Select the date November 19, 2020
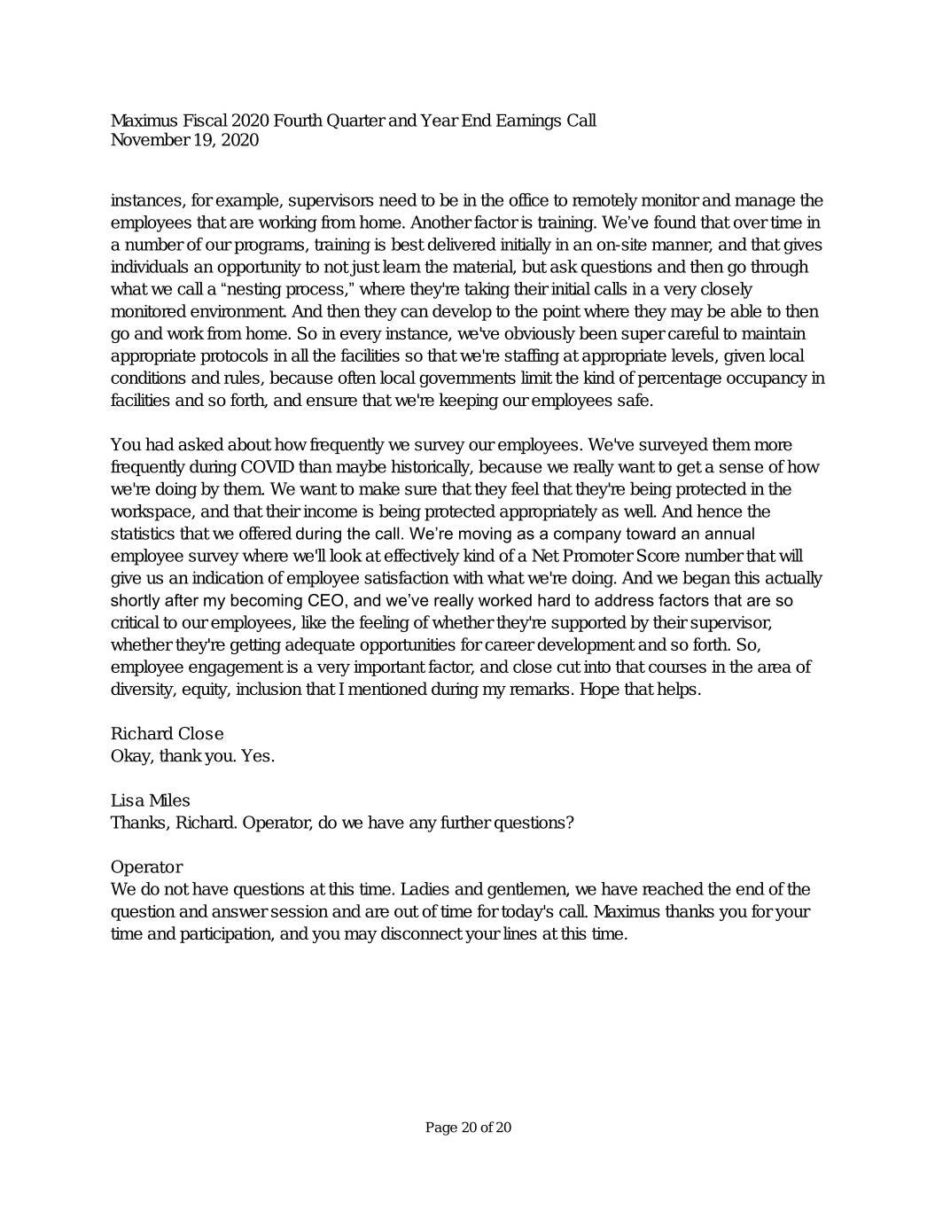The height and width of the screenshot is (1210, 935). click(x=184, y=140)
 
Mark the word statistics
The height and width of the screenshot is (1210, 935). click(x=143, y=534)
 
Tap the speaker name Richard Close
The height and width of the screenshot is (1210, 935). click(x=167, y=734)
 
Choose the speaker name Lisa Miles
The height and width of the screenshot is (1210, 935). click(x=150, y=800)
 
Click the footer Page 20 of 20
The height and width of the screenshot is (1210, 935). click(x=468, y=1128)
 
